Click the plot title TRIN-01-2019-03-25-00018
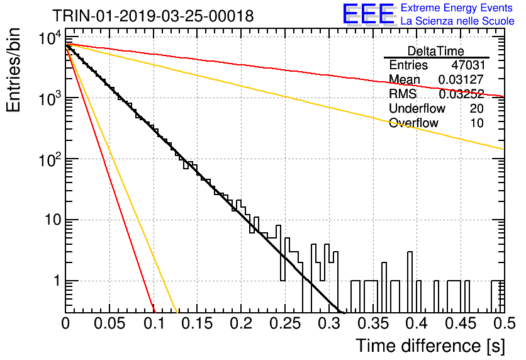tap(153, 16)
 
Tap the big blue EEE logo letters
tap(368, 14)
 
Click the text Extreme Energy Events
tap(457, 8)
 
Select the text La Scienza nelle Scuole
tap(457, 21)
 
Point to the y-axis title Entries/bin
tap(13, 70)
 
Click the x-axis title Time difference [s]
tap(430, 346)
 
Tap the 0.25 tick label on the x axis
tap(285, 323)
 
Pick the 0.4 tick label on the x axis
tap(417, 323)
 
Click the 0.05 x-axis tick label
tap(109, 323)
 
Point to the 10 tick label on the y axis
tap(53, 220)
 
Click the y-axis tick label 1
tap(57, 281)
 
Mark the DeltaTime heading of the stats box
tap(436, 51)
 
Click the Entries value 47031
tap(468, 65)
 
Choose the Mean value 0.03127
tap(461, 79)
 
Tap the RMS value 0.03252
tap(461, 94)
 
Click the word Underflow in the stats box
tap(417, 108)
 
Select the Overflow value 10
tap(477, 123)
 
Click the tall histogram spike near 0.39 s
tap(410, 266)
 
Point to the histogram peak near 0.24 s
tap(278, 232)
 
